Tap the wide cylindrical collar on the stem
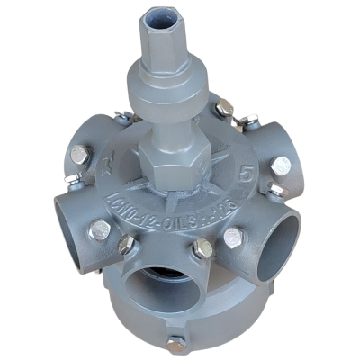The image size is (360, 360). pyautogui.click(x=166, y=96)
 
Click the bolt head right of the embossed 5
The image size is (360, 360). pyautogui.click(x=282, y=166)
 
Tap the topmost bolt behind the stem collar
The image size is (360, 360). pyautogui.click(x=224, y=110)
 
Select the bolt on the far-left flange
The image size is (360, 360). pyautogui.click(x=80, y=156)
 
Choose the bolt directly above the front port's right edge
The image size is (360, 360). pyautogui.click(x=203, y=247)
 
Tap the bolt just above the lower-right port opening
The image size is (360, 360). pyautogui.click(x=233, y=238)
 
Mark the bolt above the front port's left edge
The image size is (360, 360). pyautogui.click(x=126, y=245)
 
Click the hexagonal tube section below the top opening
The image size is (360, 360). pyautogui.click(x=161, y=45)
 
